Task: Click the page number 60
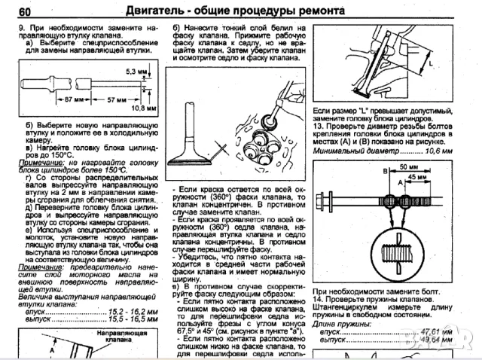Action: (23, 11)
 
